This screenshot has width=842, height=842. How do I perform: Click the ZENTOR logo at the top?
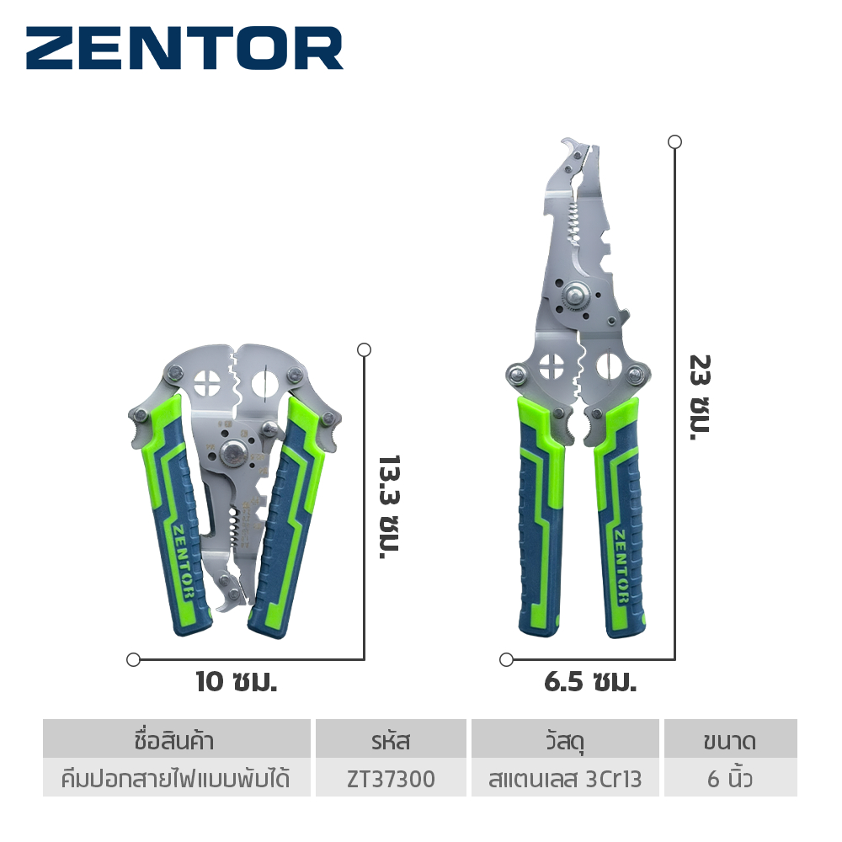pyautogui.click(x=184, y=48)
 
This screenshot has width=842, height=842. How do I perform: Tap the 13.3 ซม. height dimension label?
pyautogui.click(x=389, y=508)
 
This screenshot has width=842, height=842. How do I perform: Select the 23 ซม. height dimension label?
pyautogui.click(x=701, y=397)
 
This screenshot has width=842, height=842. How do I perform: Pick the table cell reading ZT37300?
pyautogui.click(x=391, y=779)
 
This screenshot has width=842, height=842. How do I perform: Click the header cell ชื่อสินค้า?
pyautogui.click(x=176, y=740)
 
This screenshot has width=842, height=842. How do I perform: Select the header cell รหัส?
pyautogui.click(x=391, y=740)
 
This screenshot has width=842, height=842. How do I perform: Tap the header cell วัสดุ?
pyautogui.click(x=565, y=740)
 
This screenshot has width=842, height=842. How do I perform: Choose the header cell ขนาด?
pyautogui.click(x=730, y=740)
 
